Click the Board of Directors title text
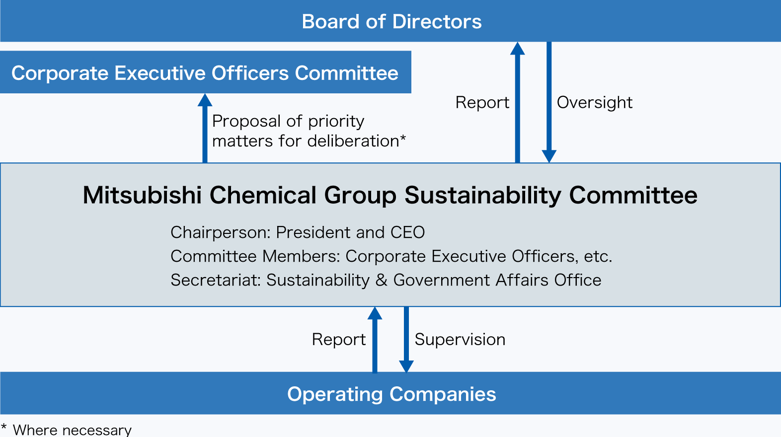pyautogui.click(x=391, y=22)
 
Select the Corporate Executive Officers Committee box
pyautogui.click(x=205, y=73)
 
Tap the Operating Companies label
pyautogui.click(x=391, y=394)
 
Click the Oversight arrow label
pyautogui.click(x=594, y=102)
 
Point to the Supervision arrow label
pyautogui.click(x=460, y=339)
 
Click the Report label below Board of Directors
pyautogui.click(x=482, y=102)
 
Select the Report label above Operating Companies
pyautogui.click(x=338, y=339)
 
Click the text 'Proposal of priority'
pyautogui.click(x=288, y=121)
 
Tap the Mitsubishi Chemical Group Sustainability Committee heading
pyautogui.click(x=390, y=195)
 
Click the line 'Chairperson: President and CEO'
pyautogui.click(x=298, y=232)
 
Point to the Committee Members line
pyautogui.click(x=391, y=256)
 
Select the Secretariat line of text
pyautogui.click(x=386, y=280)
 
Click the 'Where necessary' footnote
pyautogui.click(x=72, y=430)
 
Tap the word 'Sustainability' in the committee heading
pyautogui.click(x=482, y=195)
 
